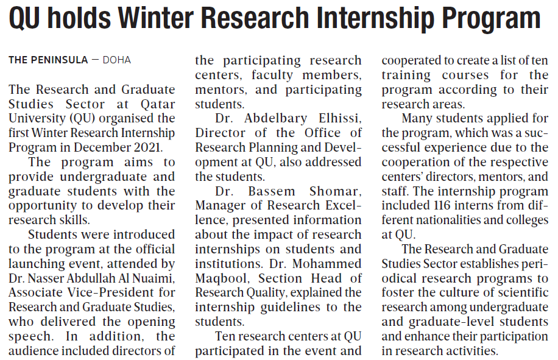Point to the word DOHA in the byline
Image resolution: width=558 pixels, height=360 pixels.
coord(116,60)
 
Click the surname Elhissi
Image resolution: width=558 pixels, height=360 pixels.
coord(338,118)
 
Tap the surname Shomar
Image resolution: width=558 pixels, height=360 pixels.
coord(336,191)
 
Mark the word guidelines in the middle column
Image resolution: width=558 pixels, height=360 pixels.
coord(292,307)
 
